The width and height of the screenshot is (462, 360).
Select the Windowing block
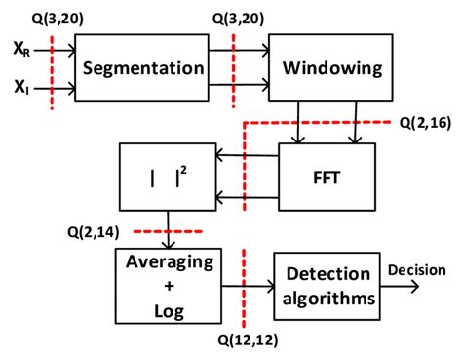[317, 68]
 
